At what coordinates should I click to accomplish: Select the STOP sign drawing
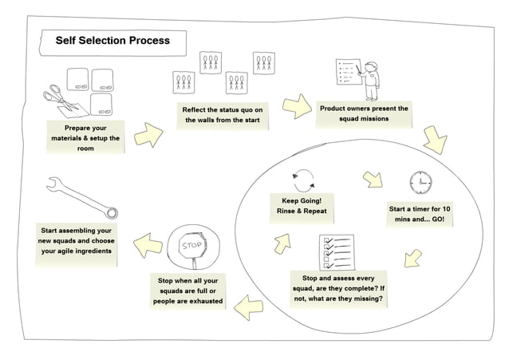click(191, 247)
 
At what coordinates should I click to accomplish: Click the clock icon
click(419, 183)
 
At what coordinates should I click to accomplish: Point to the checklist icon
click(335, 251)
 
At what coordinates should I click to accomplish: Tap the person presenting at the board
click(370, 76)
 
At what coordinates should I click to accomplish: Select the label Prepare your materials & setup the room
click(85, 138)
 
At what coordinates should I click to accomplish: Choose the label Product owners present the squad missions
click(364, 113)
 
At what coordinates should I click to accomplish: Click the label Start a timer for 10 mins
click(420, 214)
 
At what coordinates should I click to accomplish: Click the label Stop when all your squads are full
click(187, 292)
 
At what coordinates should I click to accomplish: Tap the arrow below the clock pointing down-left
click(412, 257)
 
